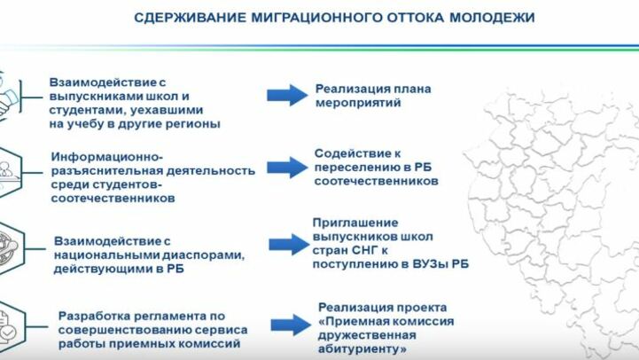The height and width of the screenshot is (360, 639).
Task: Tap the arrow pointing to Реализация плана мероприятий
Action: click(x=286, y=94)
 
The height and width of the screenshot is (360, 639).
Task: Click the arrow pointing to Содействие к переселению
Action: click(x=286, y=166)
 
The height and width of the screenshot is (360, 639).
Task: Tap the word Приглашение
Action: click(x=355, y=223)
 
